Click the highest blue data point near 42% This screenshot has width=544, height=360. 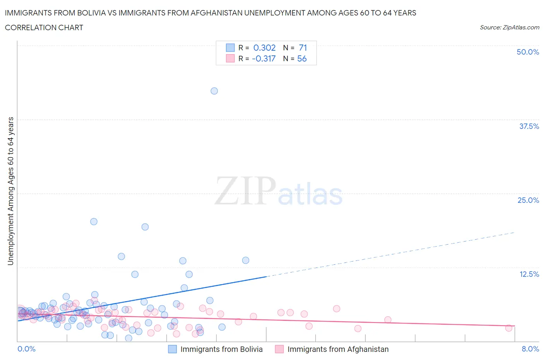[214, 91]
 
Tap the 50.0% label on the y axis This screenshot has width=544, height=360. [527, 52]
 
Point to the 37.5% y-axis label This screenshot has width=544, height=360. [529, 126]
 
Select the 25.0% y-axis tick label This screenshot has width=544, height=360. [528, 200]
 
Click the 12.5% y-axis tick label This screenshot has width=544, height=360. [529, 274]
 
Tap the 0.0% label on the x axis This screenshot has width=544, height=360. [26, 349]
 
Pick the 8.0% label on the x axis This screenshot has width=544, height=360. [530, 349]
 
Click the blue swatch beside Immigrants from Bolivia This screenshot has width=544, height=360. [172, 349]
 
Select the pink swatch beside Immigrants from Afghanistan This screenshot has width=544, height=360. [279, 349]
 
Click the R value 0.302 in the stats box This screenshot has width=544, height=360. [264, 48]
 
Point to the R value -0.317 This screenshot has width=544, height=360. [263, 58]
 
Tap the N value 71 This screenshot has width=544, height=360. [303, 48]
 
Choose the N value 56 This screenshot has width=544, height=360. [302, 58]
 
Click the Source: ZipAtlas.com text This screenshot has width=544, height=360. [509, 27]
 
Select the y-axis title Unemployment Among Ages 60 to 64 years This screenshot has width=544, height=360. [10, 191]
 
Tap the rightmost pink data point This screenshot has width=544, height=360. [509, 328]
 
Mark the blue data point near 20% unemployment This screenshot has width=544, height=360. [94, 221]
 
